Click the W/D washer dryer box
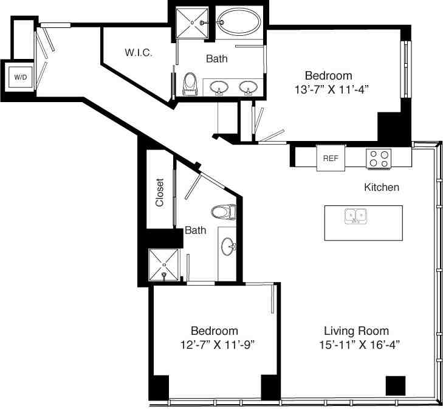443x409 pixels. pyautogui.click(x=21, y=77)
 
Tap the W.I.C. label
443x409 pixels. pyautogui.click(x=139, y=53)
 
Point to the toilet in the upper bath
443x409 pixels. pyautogui.click(x=190, y=83)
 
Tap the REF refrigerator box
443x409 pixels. pyautogui.click(x=330, y=158)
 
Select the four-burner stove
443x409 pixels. pyautogui.click(x=379, y=159)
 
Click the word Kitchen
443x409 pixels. pyautogui.click(x=381, y=187)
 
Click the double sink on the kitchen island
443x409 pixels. pyautogui.click(x=355, y=216)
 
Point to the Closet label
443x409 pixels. pyautogui.click(x=160, y=193)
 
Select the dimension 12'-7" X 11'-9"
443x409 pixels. pyautogui.click(x=213, y=344)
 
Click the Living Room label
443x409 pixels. pyautogui.click(x=355, y=331)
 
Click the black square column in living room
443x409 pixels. pyautogui.click(x=395, y=385)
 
